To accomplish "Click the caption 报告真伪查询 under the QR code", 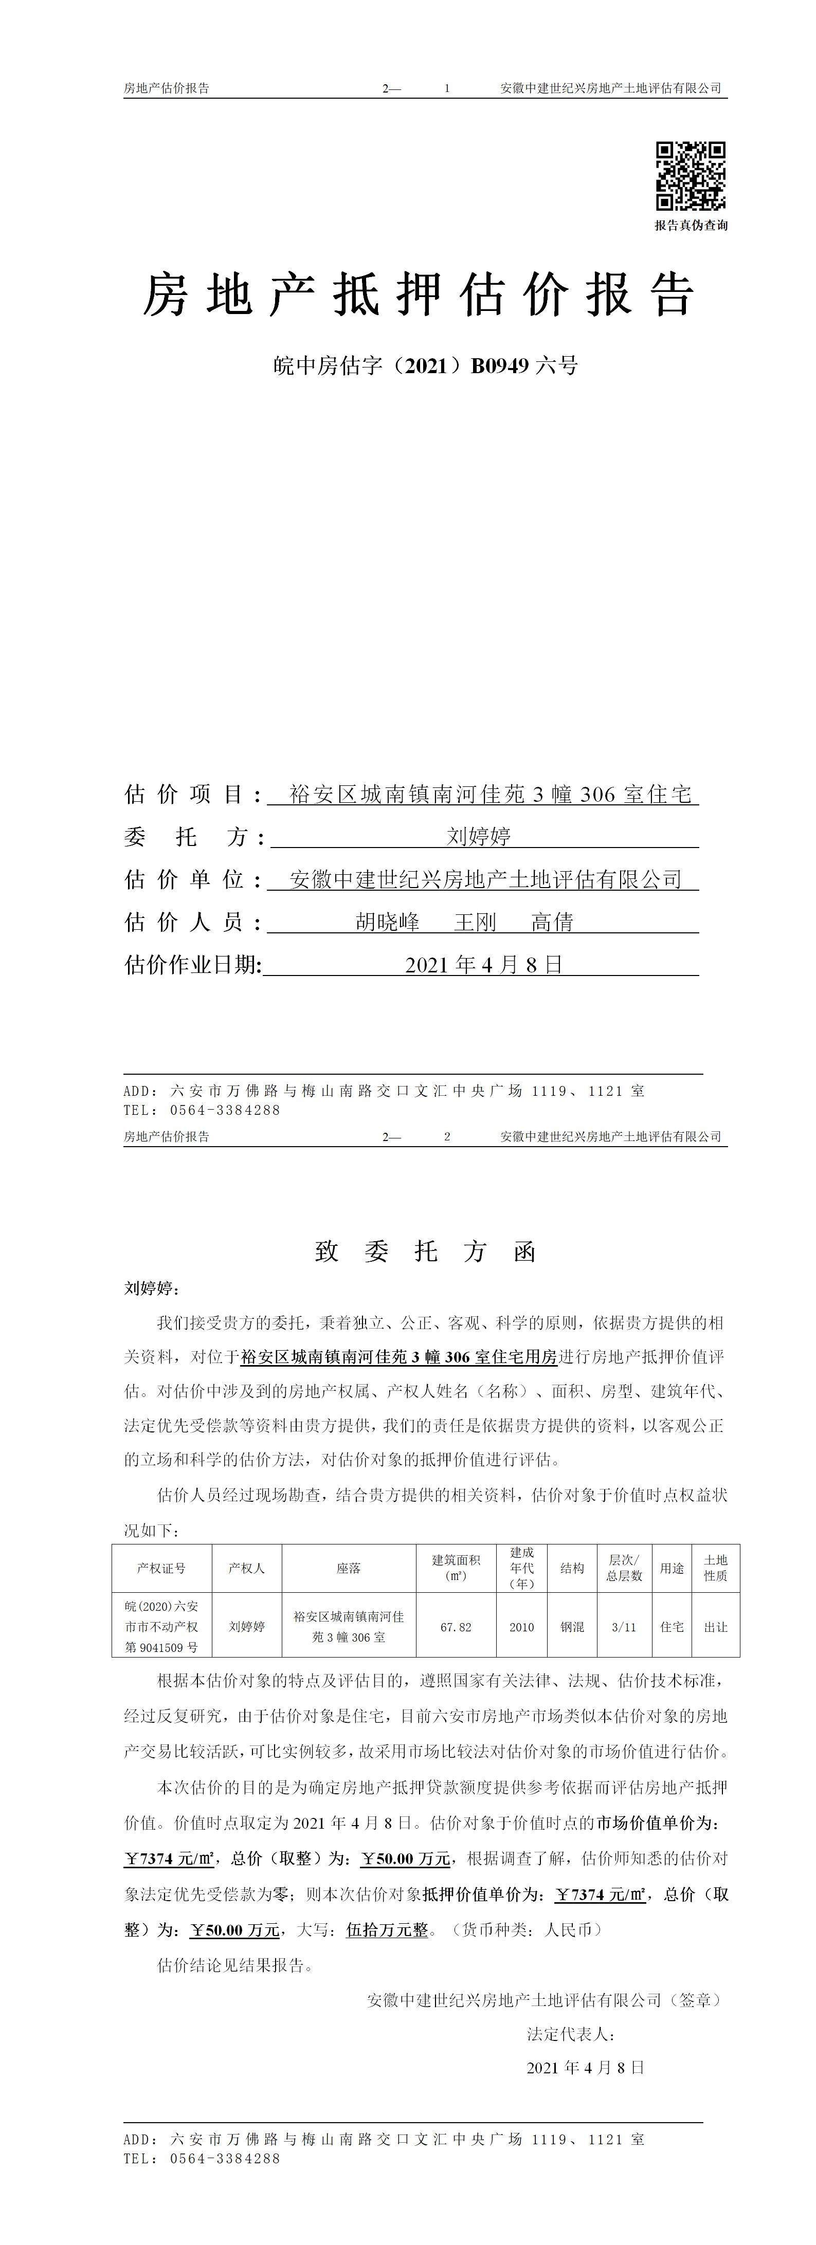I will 691,226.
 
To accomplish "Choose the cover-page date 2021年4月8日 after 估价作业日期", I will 484,965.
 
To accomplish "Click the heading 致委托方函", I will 425,1252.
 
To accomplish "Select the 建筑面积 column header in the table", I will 456,1568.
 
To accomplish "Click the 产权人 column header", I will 247,1568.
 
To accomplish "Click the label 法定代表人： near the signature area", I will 571,2034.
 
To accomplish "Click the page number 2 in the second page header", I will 447,1136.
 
